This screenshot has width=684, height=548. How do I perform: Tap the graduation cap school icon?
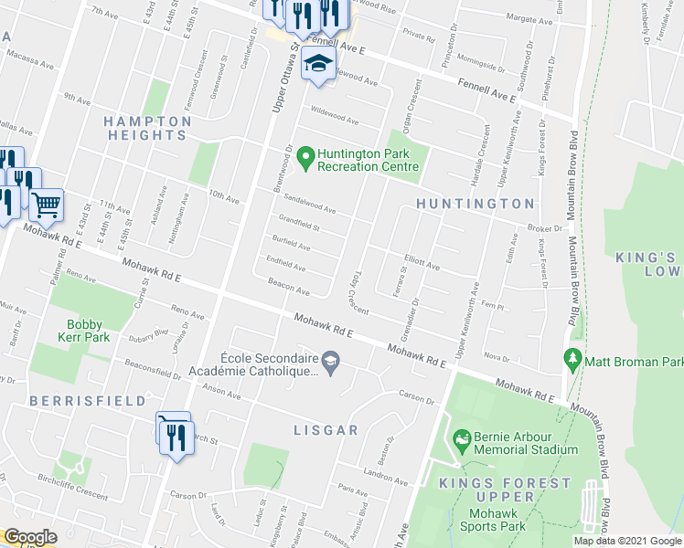(x=318, y=65)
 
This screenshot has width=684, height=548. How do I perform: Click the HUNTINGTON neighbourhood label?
(x=475, y=203)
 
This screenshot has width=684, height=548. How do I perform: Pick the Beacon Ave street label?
(x=289, y=288)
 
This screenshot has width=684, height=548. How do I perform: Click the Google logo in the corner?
(x=30, y=537)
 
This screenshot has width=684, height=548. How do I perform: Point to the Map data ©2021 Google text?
(x=626, y=541)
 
